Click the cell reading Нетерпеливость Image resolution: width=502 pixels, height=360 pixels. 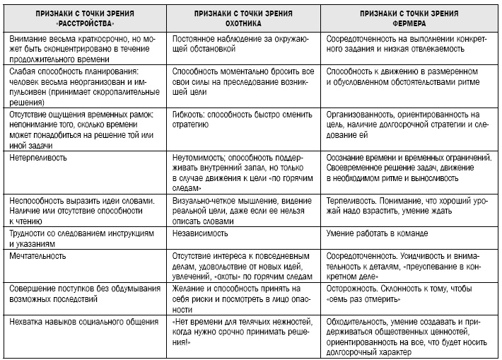click(x=35, y=158)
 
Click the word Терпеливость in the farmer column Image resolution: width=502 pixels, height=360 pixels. click(x=354, y=202)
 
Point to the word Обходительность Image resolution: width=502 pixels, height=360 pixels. click(x=361, y=322)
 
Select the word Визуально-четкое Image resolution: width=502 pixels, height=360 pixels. click(x=202, y=202)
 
